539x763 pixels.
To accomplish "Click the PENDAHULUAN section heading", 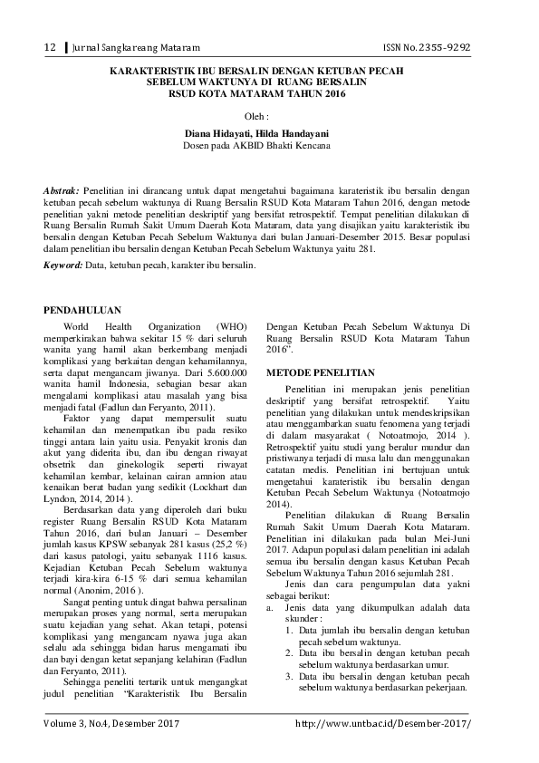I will [x=87, y=311].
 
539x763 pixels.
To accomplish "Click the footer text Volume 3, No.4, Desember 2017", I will [x=111, y=725].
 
